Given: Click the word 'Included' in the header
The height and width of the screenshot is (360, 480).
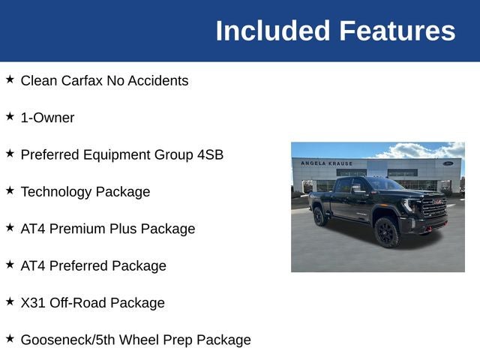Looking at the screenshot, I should (272, 31).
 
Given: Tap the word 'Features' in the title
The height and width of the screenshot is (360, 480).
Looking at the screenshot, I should (397, 31).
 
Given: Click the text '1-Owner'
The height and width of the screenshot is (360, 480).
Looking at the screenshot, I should (47, 118).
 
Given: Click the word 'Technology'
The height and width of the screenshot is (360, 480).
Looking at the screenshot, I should (55, 191).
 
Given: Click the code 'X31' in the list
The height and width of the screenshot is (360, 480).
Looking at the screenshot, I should (33, 303).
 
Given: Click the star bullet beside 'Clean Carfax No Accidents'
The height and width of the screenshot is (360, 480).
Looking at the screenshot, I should (10, 79).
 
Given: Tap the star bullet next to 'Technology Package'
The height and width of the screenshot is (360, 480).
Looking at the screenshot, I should (10, 190).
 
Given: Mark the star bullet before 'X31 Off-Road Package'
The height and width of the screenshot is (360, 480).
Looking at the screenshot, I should (10, 301).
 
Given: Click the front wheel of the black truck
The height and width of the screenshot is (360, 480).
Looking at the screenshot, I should (387, 232).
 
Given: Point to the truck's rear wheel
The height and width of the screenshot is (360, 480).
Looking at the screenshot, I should (320, 217).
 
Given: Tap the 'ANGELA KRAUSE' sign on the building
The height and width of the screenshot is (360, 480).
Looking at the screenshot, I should (326, 163).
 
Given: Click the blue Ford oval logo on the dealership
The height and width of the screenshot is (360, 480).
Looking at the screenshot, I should (448, 163).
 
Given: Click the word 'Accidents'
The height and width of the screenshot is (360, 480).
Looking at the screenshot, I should (158, 80).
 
